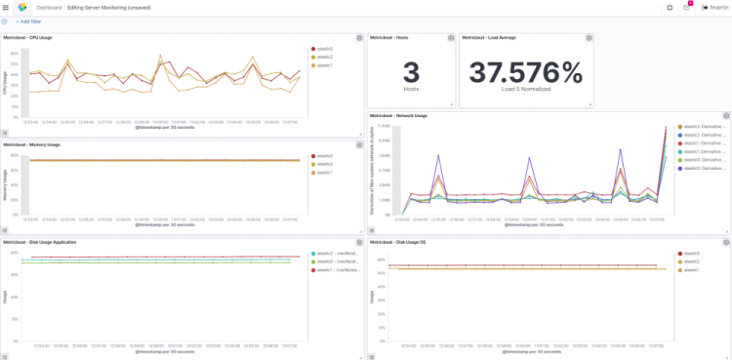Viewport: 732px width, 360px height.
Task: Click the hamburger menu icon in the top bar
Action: point(6,7)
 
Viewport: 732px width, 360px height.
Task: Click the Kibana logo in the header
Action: point(22,7)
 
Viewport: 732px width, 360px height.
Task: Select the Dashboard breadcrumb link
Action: point(49,7)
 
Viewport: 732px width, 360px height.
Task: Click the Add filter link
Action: point(28,20)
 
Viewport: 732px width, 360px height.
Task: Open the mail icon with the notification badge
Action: point(687,7)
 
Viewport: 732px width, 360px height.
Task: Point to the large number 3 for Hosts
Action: point(411,72)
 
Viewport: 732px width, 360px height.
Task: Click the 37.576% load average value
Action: point(525,72)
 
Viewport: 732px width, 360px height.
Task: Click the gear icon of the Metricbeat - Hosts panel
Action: point(451,38)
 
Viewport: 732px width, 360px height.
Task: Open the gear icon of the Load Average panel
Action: point(590,38)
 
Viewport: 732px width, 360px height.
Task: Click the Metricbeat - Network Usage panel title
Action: point(399,116)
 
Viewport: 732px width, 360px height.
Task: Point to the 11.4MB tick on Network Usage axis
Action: point(384,126)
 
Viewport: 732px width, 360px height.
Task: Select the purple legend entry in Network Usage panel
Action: point(700,168)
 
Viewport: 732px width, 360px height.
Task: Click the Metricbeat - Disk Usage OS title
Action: point(398,241)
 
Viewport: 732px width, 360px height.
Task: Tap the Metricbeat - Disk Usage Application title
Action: point(38,241)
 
